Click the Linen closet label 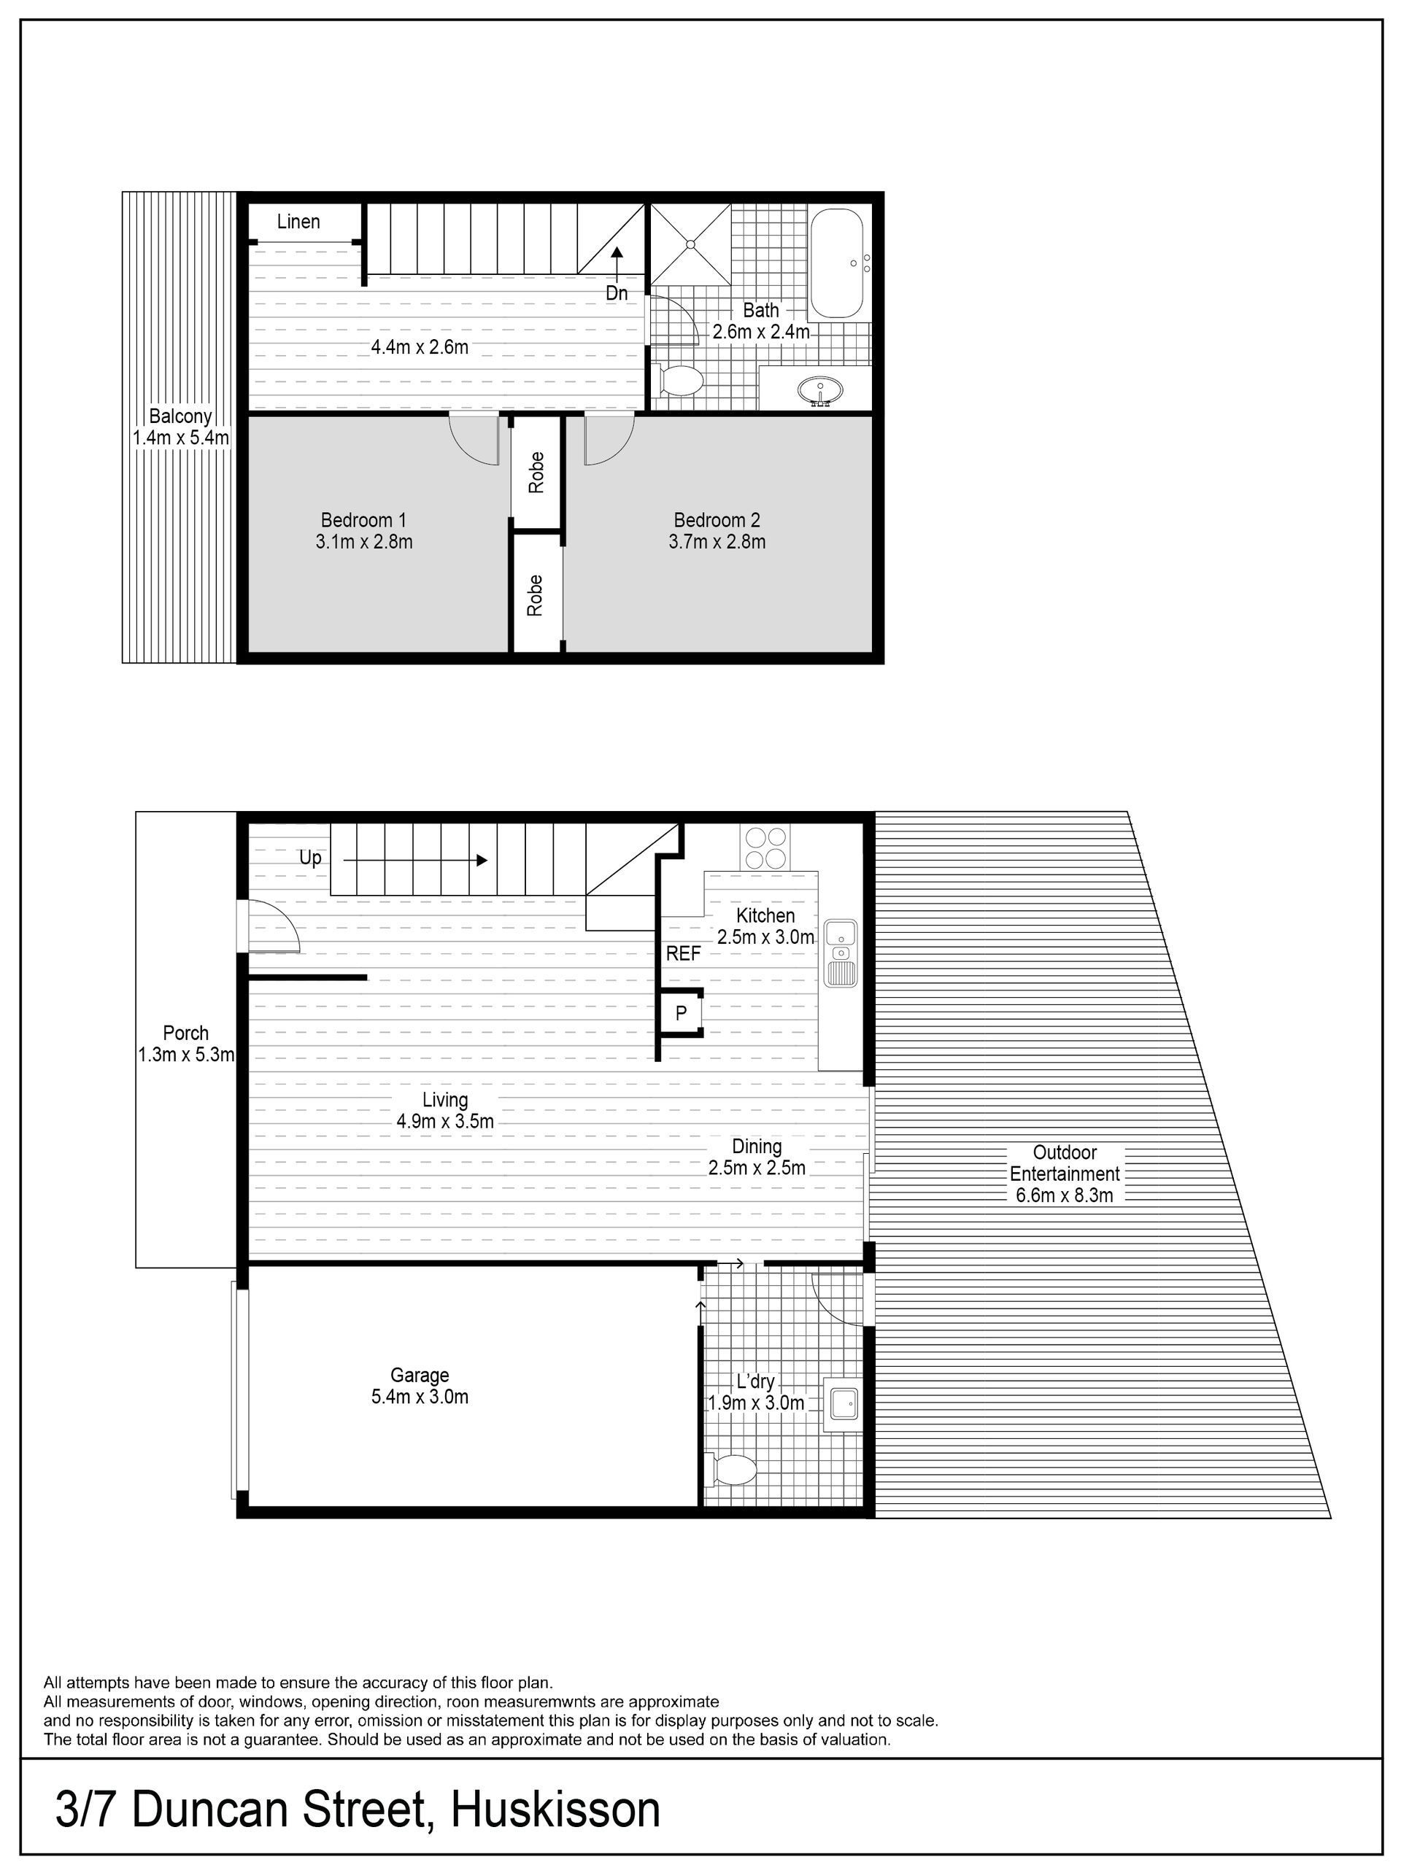tap(298, 222)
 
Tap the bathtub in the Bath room tap(838, 263)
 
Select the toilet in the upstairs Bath tap(679, 381)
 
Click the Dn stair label tap(617, 293)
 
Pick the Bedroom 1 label tap(363, 520)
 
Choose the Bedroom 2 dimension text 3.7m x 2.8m tap(717, 542)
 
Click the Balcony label tap(180, 416)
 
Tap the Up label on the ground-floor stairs tap(310, 858)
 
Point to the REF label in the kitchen tap(684, 953)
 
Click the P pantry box tap(681, 1012)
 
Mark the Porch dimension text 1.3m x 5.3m tap(185, 1055)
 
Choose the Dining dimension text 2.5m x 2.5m tap(757, 1168)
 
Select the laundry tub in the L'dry tap(842, 1405)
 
